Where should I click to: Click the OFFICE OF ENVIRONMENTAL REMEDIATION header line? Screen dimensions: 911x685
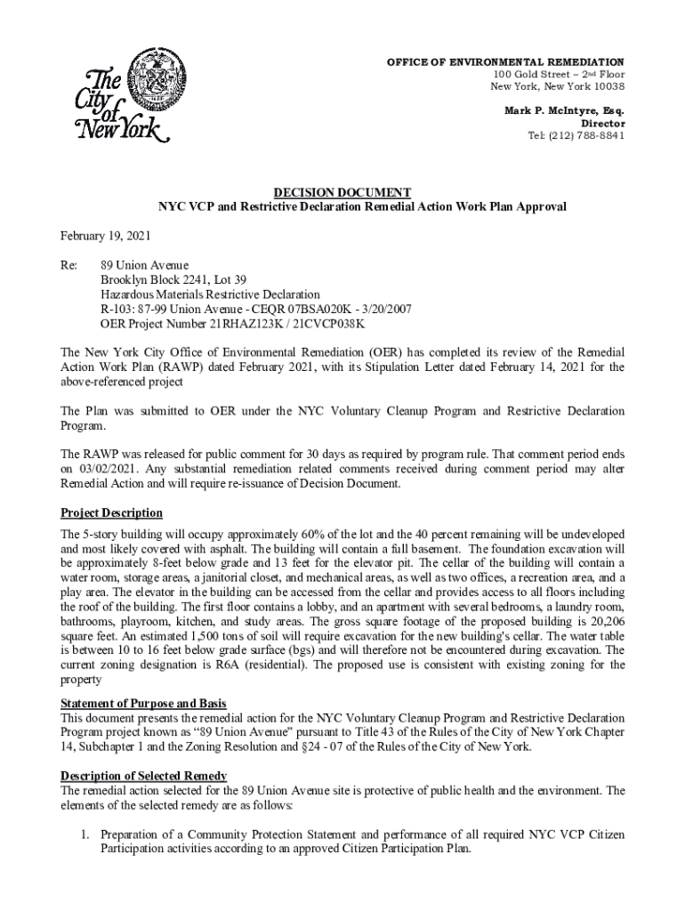coord(504,60)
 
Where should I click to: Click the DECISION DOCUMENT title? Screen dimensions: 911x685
coord(342,192)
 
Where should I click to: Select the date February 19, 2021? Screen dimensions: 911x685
coord(105,236)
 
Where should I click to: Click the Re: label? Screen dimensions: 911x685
coord(68,265)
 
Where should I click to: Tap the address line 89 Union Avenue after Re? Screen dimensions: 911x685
coord(144,265)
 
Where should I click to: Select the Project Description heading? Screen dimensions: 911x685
coord(111,513)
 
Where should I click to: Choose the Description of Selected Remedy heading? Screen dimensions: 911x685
coord(143,776)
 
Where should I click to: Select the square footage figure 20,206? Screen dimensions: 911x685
coord(605,621)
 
